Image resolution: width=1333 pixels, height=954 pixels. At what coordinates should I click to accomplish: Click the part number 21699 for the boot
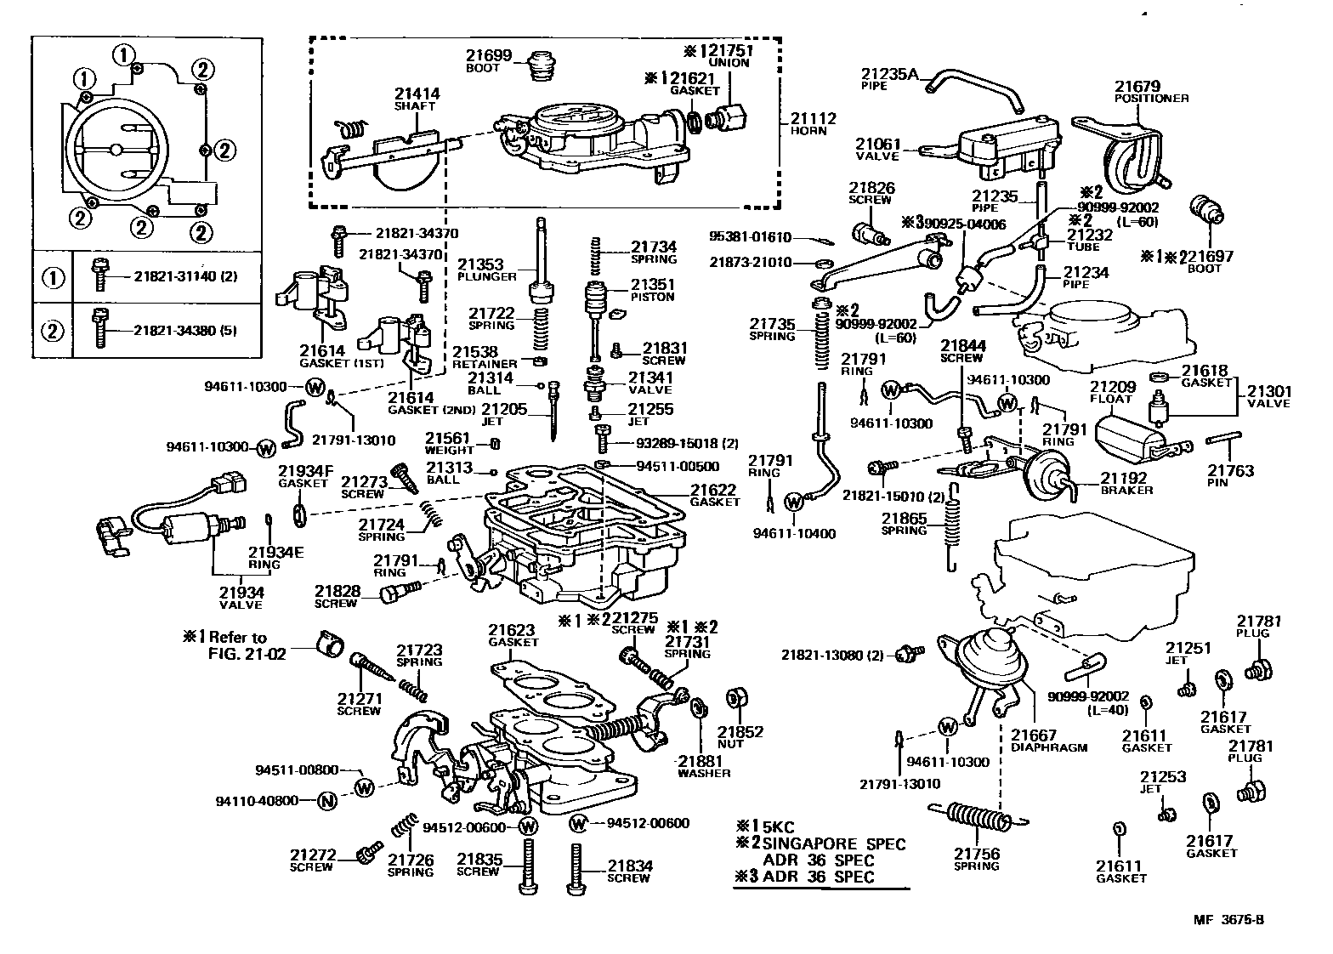tap(488, 55)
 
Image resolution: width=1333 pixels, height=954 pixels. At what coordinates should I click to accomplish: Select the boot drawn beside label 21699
tap(542, 66)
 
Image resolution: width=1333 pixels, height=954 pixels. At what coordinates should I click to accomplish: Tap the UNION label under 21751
tap(729, 63)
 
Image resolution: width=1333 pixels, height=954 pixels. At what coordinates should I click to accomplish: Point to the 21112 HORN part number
tap(813, 118)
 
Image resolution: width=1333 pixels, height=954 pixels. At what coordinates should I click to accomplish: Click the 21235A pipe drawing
tap(975, 90)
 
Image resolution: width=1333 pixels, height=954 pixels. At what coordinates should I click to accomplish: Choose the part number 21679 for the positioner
tap(1137, 86)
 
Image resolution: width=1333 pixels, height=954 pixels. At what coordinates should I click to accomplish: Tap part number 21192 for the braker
tap(1123, 478)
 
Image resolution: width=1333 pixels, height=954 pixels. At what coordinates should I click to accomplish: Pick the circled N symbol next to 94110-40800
tap(326, 801)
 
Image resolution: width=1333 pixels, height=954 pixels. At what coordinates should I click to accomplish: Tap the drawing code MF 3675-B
tap(1228, 919)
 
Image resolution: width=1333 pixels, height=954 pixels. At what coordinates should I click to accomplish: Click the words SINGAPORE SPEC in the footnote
tap(834, 844)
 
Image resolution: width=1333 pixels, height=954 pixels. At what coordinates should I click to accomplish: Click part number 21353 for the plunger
tap(480, 264)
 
